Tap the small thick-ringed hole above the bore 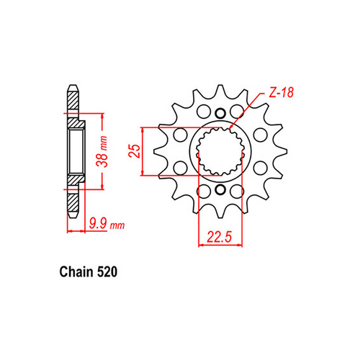click(x=220, y=112)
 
